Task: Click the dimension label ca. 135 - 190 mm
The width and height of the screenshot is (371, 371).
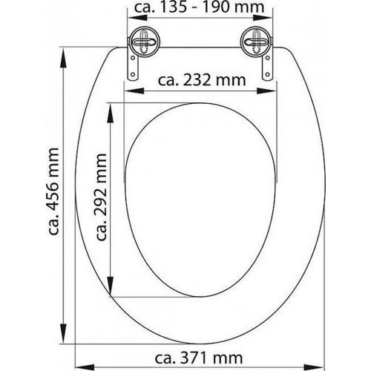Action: [x=200, y=7]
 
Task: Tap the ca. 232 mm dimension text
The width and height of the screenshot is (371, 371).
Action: [x=202, y=80]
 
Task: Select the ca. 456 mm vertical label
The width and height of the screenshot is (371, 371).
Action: [x=53, y=191]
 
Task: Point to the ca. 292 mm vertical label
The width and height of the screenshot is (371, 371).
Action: [x=101, y=197]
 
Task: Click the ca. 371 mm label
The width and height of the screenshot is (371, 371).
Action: [x=199, y=358]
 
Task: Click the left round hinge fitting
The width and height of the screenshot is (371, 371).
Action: [x=145, y=42]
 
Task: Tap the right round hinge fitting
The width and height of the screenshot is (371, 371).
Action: [x=256, y=42]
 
